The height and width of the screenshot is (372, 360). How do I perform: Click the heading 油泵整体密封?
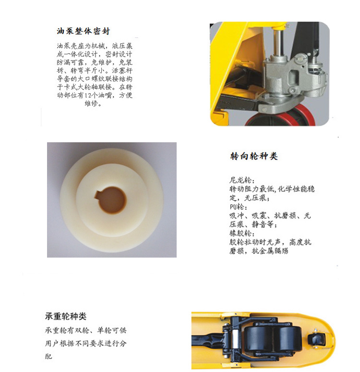(x=83, y=31)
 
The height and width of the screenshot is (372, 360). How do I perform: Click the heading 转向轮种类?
(x=254, y=156)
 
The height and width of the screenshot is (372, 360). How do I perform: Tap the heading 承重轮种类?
(x=66, y=316)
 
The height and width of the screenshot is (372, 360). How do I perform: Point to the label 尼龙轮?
(x=242, y=180)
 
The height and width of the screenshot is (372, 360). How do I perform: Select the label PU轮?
(x=238, y=207)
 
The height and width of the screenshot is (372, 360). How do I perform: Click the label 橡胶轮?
(x=242, y=234)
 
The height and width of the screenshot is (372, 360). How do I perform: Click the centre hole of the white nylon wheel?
(x=112, y=200)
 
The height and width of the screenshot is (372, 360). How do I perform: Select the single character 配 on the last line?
(x=48, y=356)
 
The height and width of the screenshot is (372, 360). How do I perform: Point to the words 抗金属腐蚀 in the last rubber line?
(x=270, y=251)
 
